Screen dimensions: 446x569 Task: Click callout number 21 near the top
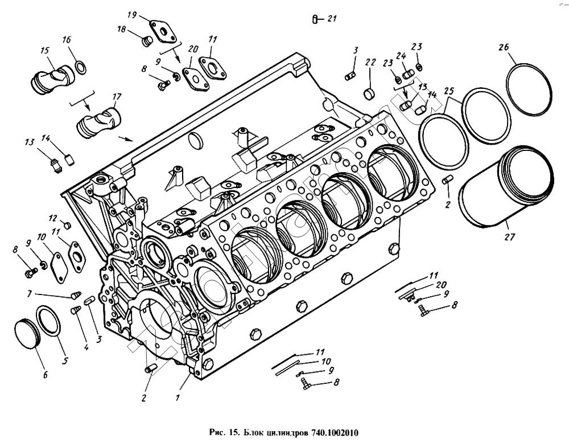pos(332,19)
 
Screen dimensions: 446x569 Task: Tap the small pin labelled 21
pos(315,20)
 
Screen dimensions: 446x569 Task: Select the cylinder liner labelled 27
pos(505,188)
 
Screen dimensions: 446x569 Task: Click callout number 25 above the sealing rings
pos(450,91)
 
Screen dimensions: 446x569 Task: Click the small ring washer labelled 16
pos(81,68)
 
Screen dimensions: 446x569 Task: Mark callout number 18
pos(122,30)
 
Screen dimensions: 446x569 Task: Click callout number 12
pos(53,218)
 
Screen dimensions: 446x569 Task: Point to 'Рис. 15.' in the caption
pos(224,432)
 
